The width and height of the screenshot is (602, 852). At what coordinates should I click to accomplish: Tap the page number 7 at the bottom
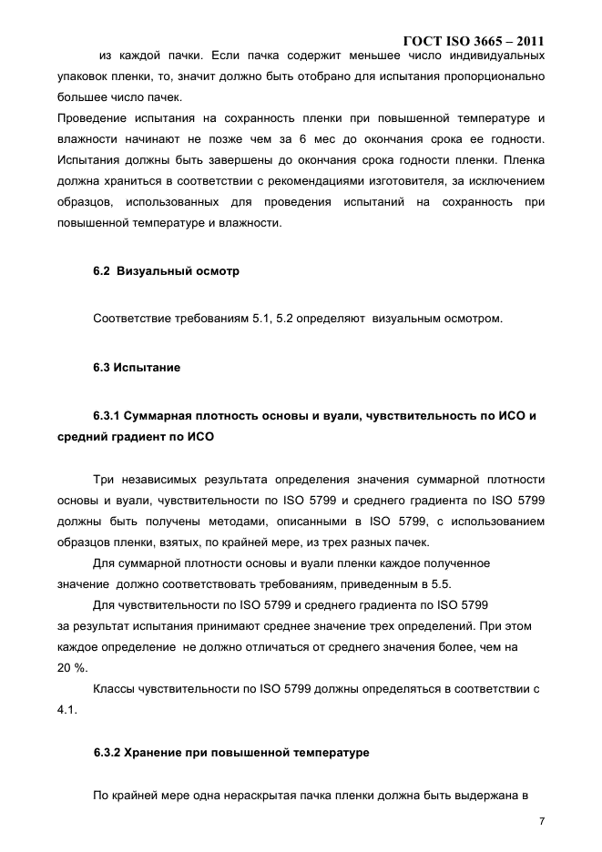542,821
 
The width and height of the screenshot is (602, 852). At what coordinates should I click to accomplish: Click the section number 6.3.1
110,416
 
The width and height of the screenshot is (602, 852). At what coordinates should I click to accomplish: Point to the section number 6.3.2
110,753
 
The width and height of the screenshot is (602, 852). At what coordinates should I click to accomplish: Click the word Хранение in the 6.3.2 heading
160,753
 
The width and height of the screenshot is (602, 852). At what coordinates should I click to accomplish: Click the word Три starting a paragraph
105,480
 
